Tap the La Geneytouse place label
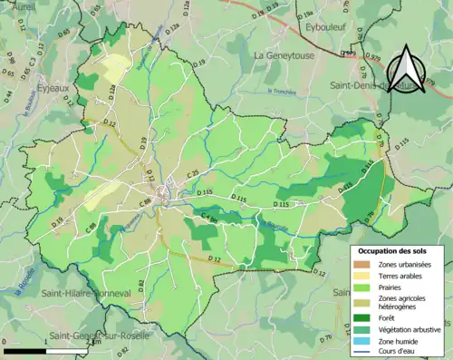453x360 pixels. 283,55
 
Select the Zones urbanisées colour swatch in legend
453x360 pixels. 361,264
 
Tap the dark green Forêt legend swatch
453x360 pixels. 361,317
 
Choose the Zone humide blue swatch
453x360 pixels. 361,340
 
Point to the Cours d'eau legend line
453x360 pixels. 361,351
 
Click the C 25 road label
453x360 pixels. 193,172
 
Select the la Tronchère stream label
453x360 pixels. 283,91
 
